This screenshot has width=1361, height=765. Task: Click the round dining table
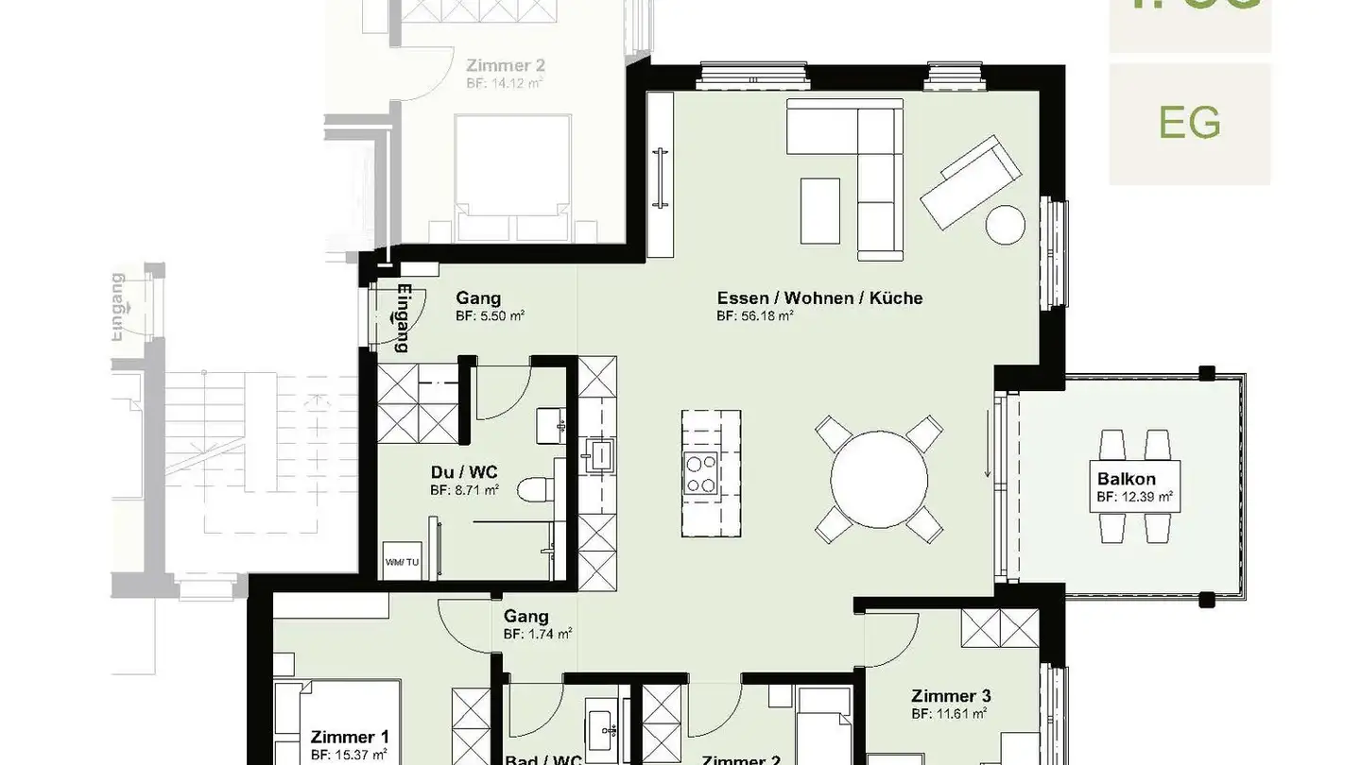click(x=879, y=480)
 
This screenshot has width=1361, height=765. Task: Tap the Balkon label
click(x=1126, y=479)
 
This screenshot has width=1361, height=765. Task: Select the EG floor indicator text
click(x=1190, y=123)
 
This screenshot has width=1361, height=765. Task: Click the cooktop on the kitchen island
click(x=700, y=473)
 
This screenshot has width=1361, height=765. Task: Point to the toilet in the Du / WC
click(x=537, y=490)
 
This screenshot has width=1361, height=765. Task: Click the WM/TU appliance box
click(x=402, y=561)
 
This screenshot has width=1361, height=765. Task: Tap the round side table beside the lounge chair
click(x=1005, y=224)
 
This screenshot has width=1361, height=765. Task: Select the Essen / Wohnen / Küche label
click(x=819, y=297)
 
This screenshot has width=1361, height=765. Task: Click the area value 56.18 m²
click(x=754, y=316)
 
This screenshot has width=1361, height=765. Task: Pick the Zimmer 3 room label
click(x=951, y=696)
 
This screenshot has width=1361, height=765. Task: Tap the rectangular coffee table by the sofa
click(x=819, y=210)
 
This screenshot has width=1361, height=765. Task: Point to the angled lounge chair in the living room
click(x=971, y=181)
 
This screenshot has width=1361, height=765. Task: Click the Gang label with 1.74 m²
click(x=526, y=617)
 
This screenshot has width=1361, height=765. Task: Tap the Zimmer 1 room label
click(x=349, y=737)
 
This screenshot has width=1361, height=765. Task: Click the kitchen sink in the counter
click(x=598, y=455)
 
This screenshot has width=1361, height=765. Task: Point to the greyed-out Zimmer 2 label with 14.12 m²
click(x=505, y=66)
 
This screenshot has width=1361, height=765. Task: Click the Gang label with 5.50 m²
click(x=478, y=297)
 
